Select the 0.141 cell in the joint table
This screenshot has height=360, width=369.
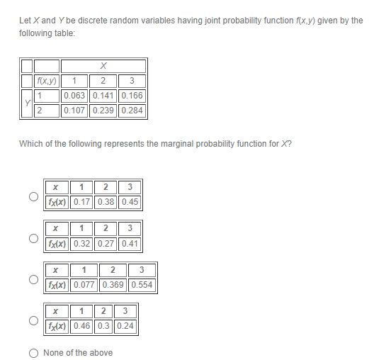(103, 96)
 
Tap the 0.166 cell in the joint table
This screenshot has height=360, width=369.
(132, 96)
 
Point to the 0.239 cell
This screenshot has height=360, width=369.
(103, 111)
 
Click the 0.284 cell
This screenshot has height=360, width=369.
(132, 111)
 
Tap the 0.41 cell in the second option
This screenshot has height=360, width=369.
(130, 244)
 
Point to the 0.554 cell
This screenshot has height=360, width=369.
(142, 286)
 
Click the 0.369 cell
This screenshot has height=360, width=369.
(113, 286)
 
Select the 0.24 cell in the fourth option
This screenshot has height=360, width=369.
(125, 327)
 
